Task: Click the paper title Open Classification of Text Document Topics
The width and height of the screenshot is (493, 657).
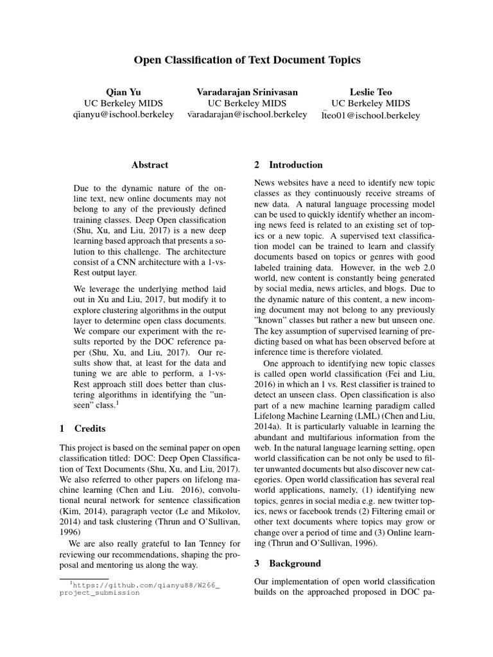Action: click(x=246, y=60)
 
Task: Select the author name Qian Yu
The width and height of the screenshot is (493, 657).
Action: click(x=123, y=92)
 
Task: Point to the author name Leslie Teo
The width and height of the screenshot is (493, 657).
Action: click(x=370, y=92)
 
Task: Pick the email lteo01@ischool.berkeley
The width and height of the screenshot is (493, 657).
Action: click(x=370, y=115)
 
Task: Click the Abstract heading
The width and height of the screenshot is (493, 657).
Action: click(x=150, y=165)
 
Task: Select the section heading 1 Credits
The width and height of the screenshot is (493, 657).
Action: click(x=82, y=428)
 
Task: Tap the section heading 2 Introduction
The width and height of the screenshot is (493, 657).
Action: click(x=288, y=165)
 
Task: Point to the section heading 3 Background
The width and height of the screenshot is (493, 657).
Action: click(x=287, y=563)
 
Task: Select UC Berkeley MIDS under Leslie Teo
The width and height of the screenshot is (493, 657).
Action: click(x=370, y=103)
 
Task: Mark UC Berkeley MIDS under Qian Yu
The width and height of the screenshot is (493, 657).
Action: click(x=123, y=103)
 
